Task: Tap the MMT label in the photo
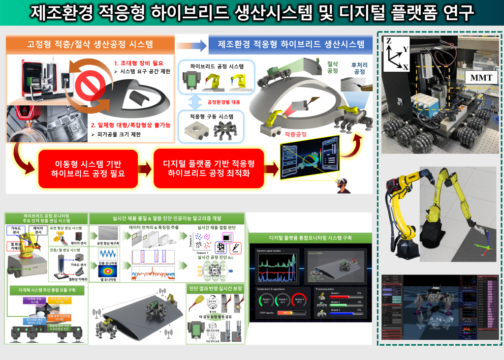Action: (477, 77)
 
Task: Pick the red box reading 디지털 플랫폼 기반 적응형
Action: (209, 168)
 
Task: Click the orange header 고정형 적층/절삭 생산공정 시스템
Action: (90, 44)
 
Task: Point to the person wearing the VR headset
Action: (342, 186)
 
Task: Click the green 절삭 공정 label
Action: (333, 67)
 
